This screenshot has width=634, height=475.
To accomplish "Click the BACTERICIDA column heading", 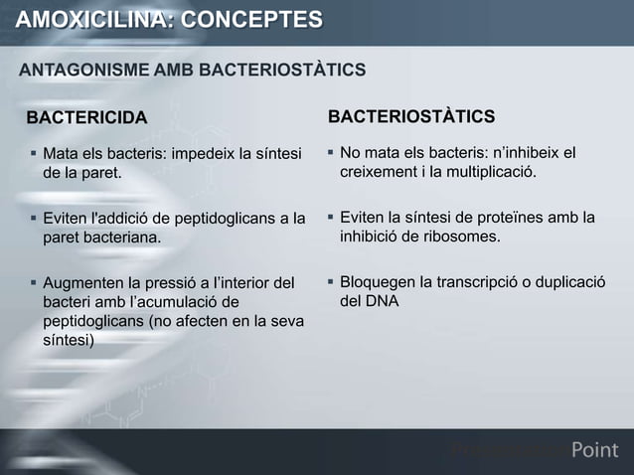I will click(85, 119).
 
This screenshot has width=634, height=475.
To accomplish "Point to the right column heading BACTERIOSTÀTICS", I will click(411, 118).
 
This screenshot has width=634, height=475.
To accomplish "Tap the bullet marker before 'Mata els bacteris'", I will click(32, 154).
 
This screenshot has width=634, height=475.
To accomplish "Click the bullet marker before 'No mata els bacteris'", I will click(330, 154).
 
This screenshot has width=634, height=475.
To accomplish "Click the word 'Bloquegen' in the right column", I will click(379, 283).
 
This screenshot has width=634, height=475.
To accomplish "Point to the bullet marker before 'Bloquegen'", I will click(330, 283).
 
